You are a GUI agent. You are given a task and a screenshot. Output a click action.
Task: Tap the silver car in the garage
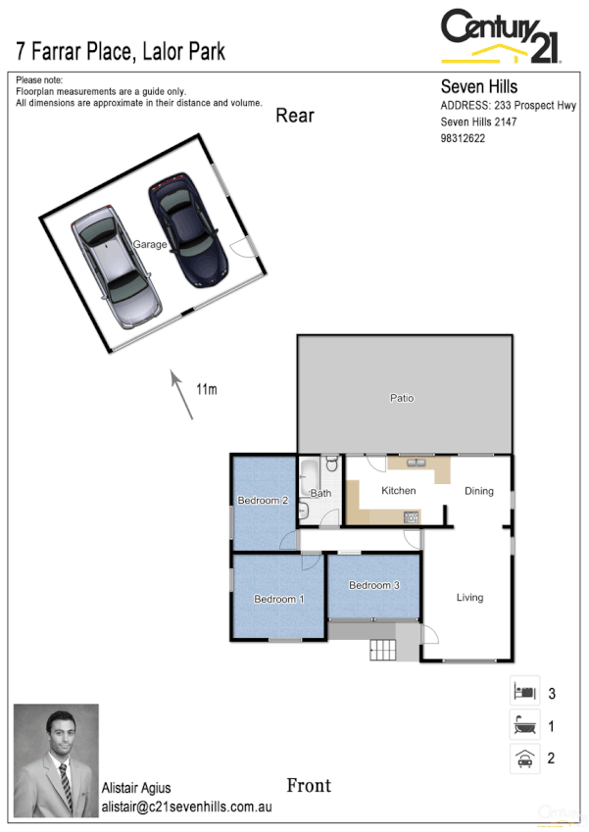pyautogui.click(x=116, y=267)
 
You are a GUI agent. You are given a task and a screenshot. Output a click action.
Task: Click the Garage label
pyautogui.click(x=150, y=245)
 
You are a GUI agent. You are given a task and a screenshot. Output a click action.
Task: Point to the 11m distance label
pyautogui.click(x=206, y=390)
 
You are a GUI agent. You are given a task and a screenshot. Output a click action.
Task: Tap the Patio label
pyautogui.click(x=402, y=399)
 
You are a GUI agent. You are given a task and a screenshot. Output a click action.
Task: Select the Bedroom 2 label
pyautogui.click(x=263, y=501)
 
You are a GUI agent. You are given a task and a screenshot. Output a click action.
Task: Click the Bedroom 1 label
pyautogui.click(x=279, y=599)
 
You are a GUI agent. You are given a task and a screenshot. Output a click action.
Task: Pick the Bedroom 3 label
pyautogui.click(x=374, y=585)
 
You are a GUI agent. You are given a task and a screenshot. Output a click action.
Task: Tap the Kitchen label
pyautogui.click(x=399, y=491)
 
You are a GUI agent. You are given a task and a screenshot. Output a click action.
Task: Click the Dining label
pyautogui.click(x=479, y=491)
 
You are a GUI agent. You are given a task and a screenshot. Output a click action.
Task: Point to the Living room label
pyautogui.click(x=469, y=597)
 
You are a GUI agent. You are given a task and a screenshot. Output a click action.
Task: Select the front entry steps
pyautogui.click(x=380, y=648)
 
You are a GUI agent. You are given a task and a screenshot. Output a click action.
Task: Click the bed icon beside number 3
pyautogui.click(x=524, y=692)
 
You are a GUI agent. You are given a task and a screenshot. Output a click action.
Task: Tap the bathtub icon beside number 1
pyautogui.click(x=524, y=726)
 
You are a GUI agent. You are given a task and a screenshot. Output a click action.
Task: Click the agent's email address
pyautogui.click(x=186, y=808)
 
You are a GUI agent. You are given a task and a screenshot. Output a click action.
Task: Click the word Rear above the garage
pyautogui.click(x=294, y=116)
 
